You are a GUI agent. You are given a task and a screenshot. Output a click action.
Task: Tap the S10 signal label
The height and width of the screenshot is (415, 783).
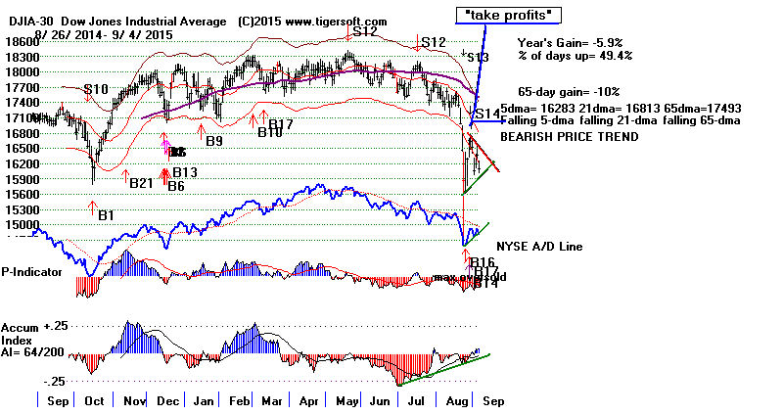click(95, 90)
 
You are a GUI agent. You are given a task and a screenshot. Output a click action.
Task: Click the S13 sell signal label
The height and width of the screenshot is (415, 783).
click(478, 58)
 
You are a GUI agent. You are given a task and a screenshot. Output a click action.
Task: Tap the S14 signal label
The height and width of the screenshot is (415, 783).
click(487, 115)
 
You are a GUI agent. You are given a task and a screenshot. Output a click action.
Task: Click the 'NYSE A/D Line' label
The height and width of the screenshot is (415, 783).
click(541, 247)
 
